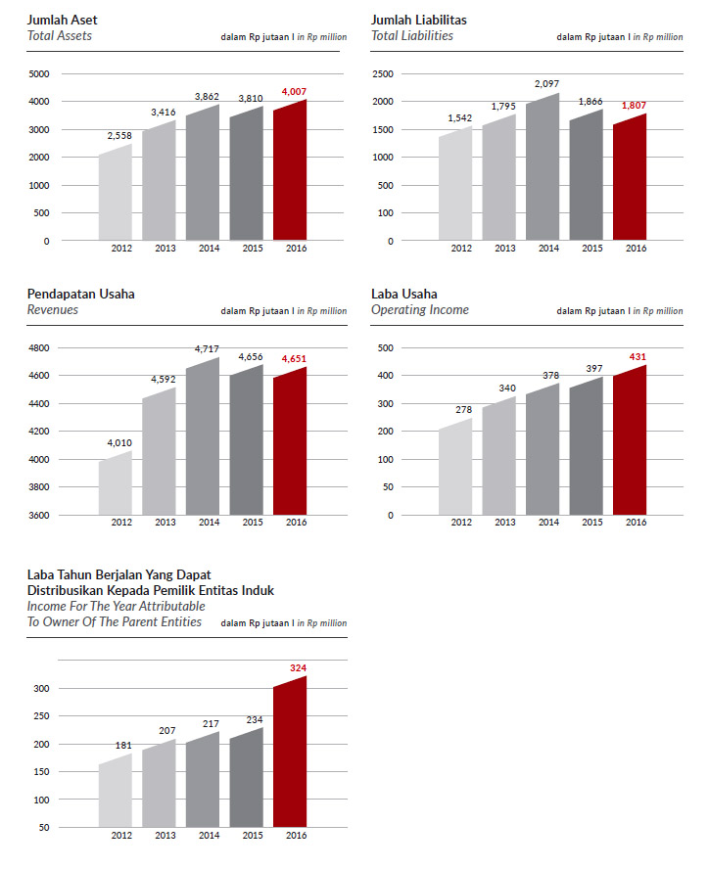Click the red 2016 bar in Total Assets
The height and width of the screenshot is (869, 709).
click(290, 170)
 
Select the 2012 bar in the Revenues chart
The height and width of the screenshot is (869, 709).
click(116, 483)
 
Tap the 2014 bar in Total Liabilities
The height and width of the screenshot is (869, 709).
click(543, 166)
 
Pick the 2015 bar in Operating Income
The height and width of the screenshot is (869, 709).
click(586, 446)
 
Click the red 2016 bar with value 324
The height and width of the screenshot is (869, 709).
click(290, 752)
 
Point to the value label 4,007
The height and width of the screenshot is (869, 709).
click(294, 91)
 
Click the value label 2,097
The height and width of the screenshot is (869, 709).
click(547, 84)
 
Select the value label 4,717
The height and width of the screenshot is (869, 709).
click(207, 348)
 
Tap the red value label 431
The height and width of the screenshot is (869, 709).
click(638, 357)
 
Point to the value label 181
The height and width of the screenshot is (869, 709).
click(123, 746)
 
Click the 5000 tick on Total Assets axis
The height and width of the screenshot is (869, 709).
click(39, 73)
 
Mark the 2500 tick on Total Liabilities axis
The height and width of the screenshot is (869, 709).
click(383, 73)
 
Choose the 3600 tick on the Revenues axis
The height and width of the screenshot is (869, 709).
click(39, 515)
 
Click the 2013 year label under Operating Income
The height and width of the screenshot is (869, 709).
click(505, 522)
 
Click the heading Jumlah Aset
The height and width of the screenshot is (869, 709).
click(62, 20)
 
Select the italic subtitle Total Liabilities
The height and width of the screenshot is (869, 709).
click(412, 35)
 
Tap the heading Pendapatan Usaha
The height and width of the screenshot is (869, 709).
click(81, 294)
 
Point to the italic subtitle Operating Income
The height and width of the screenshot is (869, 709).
click(420, 310)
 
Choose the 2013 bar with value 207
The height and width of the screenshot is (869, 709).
click(159, 783)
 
